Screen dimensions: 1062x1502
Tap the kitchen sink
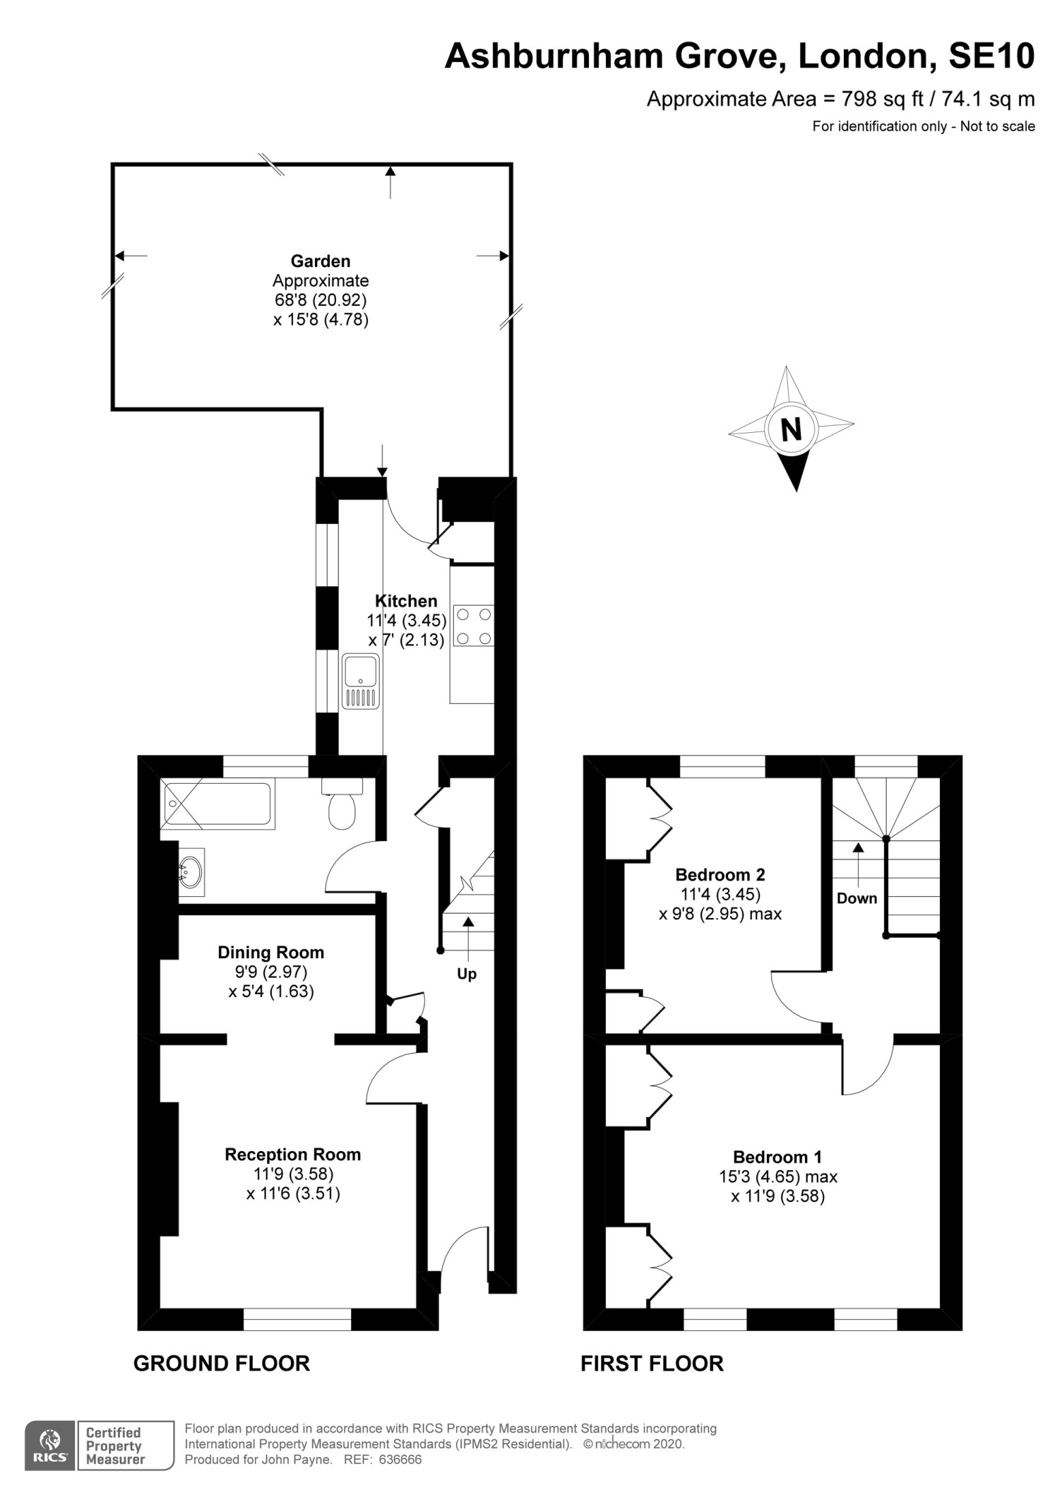click(x=361, y=681)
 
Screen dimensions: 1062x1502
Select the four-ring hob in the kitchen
click(x=473, y=626)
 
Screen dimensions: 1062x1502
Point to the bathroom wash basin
click(x=189, y=873)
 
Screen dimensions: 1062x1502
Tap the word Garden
click(x=321, y=261)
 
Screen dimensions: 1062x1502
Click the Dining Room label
click(x=271, y=953)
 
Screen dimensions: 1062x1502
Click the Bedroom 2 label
click(x=720, y=875)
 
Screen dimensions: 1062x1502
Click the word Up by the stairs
click(x=467, y=974)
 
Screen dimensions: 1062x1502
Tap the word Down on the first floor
click(x=857, y=898)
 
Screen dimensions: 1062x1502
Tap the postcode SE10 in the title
click(x=991, y=56)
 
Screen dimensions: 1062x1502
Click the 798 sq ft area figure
click(x=882, y=99)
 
